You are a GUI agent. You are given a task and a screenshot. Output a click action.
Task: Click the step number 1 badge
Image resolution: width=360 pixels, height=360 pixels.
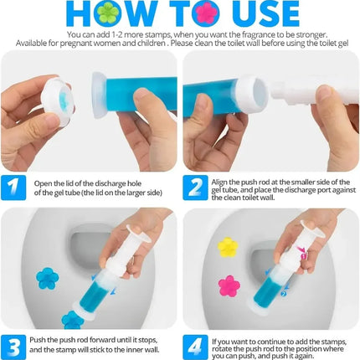[x=14, y=186]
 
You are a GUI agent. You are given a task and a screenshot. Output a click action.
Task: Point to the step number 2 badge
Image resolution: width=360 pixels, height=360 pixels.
[x=196, y=186]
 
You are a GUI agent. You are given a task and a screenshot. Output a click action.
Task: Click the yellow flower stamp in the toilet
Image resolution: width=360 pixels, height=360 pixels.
[x=228, y=247]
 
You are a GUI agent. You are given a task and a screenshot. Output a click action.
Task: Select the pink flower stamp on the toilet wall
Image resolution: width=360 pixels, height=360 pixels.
[x=229, y=285]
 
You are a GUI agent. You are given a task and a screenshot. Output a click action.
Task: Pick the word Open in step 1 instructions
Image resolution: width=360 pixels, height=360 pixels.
[x=43, y=181]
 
